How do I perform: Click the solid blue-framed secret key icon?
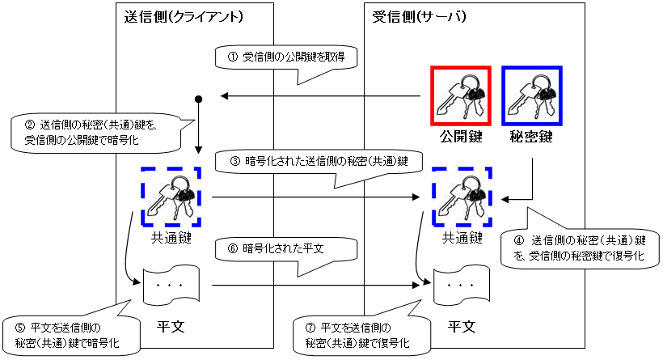(x=532, y=95)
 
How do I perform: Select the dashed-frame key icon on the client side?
(x=171, y=197)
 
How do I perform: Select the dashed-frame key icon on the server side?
(x=462, y=197)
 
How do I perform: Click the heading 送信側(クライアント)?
(x=185, y=16)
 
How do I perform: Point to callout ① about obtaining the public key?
(x=286, y=57)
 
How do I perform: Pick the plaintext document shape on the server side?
(x=460, y=286)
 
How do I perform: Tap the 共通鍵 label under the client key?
(x=170, y=238)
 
